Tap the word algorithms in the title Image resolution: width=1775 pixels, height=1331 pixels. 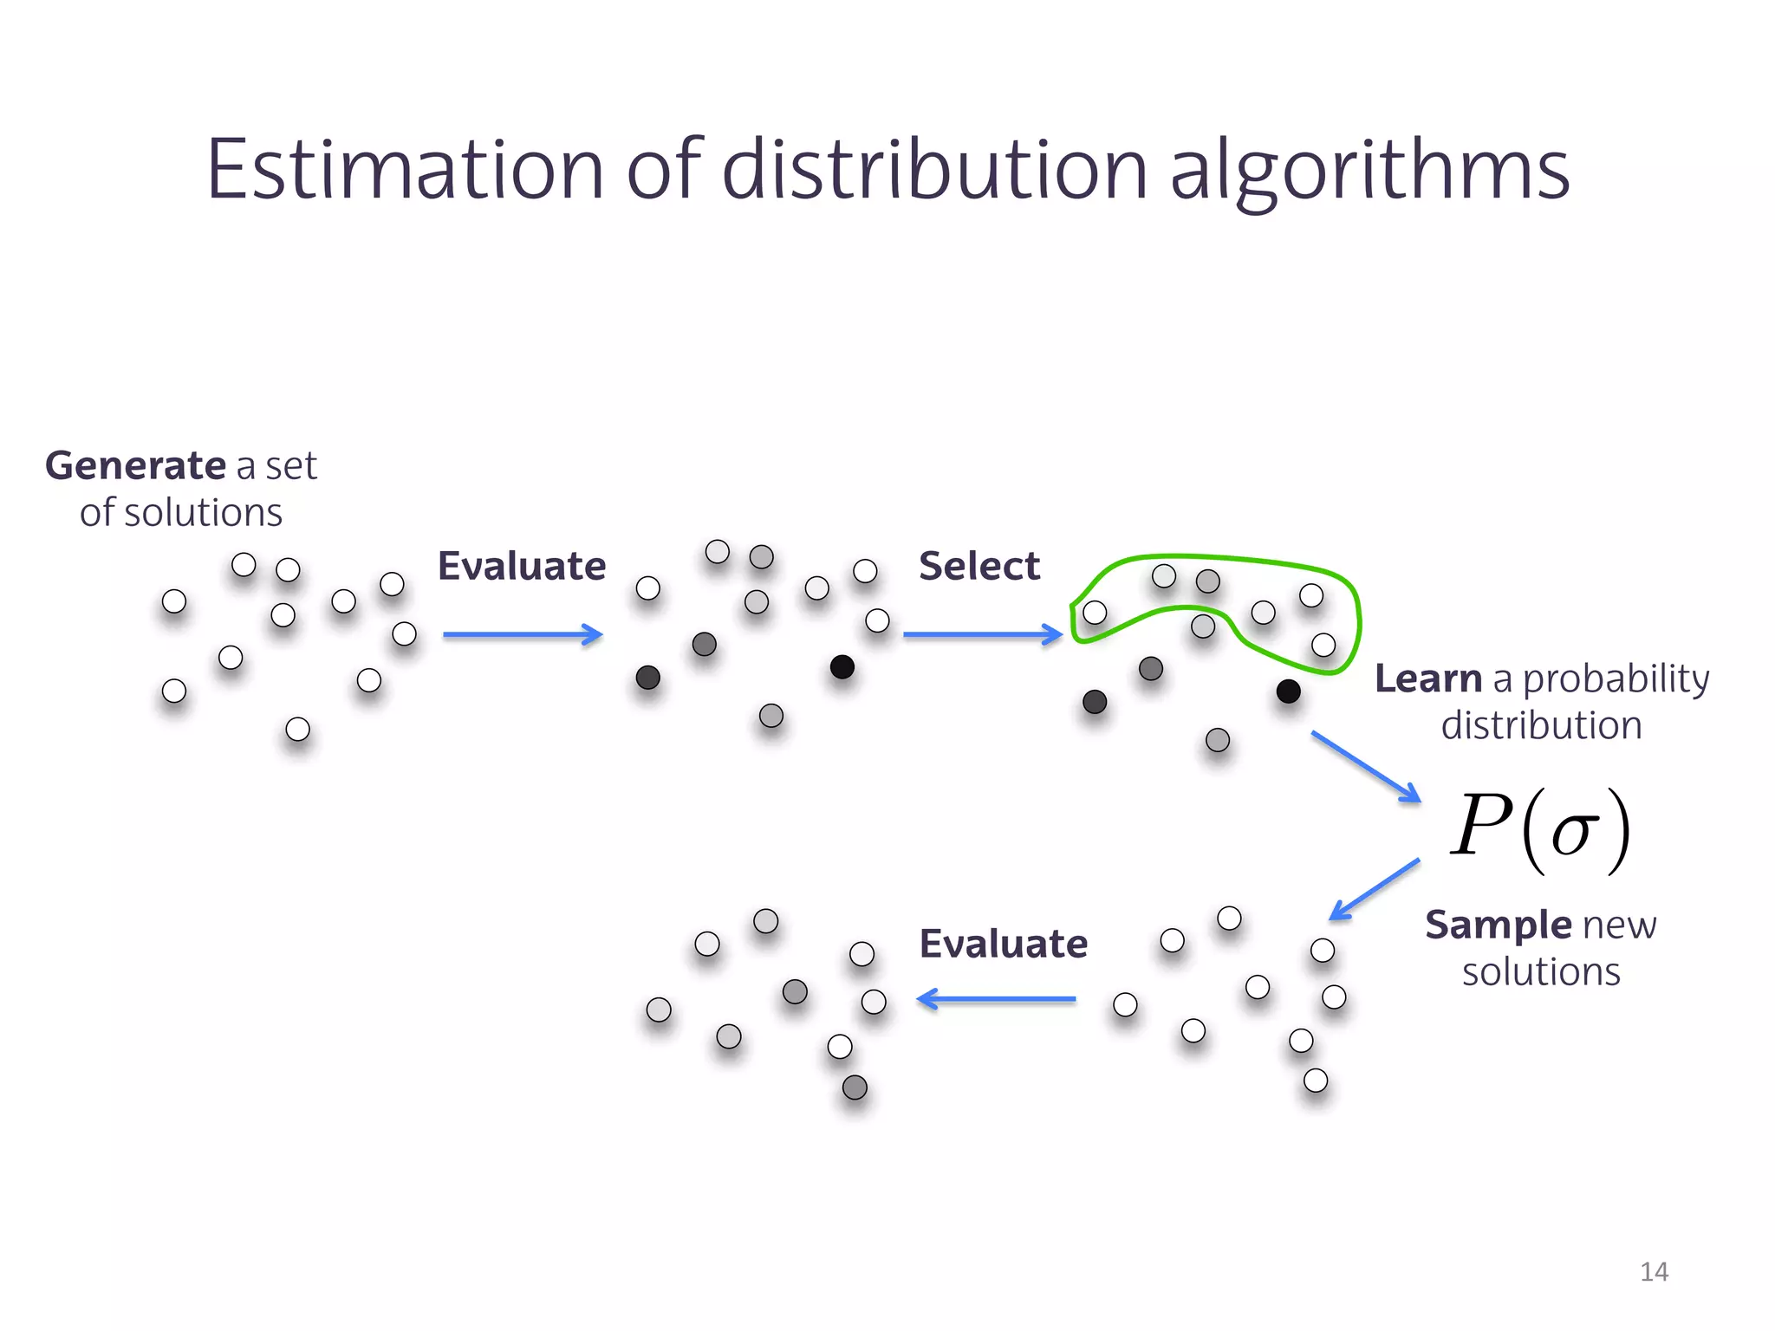[x=1369, y=172]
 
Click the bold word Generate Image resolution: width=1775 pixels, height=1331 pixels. [x=135, y=466]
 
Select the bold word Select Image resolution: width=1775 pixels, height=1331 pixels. [x=979, y=567]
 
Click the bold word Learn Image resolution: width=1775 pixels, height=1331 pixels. [x=1428, y=678]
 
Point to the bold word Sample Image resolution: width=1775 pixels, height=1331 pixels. [x=1498, y=925]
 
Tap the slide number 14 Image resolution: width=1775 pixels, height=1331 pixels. [x=1654, y=1271]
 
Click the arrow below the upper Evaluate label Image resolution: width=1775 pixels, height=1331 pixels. [x=522, y=635]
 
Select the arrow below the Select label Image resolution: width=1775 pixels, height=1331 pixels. [x=982, y=635]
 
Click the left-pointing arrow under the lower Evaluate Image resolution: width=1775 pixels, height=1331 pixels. [x=997, y=1000]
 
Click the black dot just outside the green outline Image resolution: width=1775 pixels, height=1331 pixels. [x=1288, y=691]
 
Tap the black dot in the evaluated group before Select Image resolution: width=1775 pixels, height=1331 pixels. [x=842, y=667]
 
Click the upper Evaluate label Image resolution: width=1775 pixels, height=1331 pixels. [x=522, y=567]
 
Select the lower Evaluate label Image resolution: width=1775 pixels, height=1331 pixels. [x=1003, y=944]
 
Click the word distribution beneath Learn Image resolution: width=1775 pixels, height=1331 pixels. [x=1541, y=725]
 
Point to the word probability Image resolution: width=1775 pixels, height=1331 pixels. [x=1616, y=679]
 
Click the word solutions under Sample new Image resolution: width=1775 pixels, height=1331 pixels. [x=1541, y=972]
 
